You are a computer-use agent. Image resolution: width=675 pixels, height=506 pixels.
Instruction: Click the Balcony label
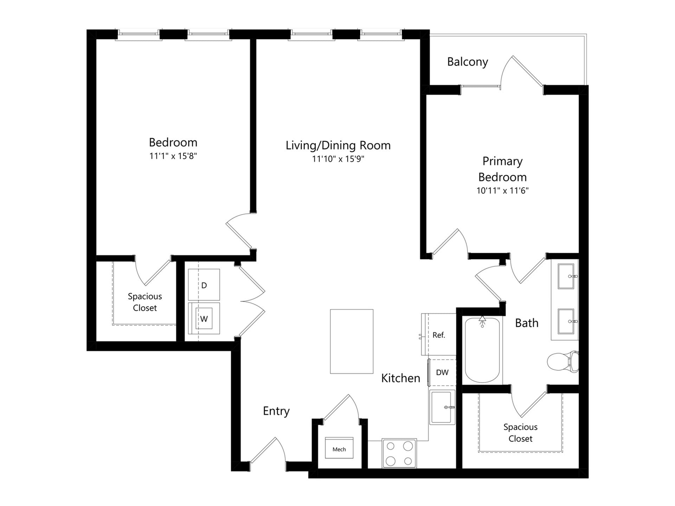pos(468,62)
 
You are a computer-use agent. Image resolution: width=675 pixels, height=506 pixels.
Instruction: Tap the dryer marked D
pos(204,285)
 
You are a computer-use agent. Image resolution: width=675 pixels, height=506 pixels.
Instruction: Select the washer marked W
pos(204,318)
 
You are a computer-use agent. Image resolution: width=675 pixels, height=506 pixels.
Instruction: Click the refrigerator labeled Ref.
pos(439,335)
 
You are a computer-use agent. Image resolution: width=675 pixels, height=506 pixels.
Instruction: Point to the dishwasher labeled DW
pos(442,372)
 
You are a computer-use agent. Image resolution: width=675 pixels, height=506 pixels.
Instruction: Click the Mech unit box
pos(339,448)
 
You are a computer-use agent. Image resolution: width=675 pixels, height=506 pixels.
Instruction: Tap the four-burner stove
pos(399,453)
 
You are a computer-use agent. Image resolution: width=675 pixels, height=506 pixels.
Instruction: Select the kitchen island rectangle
pos(352,341)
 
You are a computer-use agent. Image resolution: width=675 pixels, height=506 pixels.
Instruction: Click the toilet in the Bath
pos(563,361)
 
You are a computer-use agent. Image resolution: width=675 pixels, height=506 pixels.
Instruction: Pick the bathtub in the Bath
pos(482,350)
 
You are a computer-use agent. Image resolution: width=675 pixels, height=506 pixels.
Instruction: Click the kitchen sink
pos(442,407)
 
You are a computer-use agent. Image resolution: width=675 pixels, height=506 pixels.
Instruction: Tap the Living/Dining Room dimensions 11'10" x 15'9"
pos(338,159)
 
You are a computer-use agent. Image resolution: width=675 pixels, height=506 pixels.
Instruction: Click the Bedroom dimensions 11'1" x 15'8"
pos(173,156)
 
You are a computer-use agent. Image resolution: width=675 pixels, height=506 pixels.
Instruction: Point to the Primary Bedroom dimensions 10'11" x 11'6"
pos(502,191)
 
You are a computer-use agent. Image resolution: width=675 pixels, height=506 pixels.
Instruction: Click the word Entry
pos(276,411)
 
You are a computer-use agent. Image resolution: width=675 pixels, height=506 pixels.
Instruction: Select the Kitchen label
pos(401,378)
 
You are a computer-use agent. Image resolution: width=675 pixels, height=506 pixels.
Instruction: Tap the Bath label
pos(527,323)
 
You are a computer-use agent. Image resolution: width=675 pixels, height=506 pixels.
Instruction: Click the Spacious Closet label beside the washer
pos(145,302)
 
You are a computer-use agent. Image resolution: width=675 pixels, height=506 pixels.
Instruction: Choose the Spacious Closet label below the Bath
pos(520,433)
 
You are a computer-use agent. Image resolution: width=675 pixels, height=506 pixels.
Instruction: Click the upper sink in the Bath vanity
pos(566,276)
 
